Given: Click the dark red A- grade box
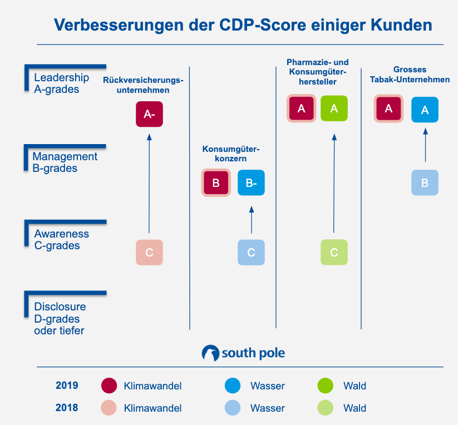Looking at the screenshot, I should coord(149,114).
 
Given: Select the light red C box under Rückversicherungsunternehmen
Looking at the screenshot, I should coord(149,252).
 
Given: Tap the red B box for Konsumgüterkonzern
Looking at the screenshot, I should coord(216,182).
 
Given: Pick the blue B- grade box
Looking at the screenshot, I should coord(251,182).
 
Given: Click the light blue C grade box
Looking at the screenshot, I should coord(251,252).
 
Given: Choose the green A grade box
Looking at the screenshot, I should coord(334,108).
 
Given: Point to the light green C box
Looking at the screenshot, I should coord(334,252).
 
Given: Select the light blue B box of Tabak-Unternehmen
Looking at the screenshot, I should coord(425,182).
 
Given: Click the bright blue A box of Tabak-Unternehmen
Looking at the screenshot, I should coord(425,110).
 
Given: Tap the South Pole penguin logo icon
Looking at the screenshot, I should coord(210,353).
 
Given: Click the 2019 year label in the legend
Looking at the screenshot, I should coord(67,386).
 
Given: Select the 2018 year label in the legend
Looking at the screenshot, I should coord(67,408).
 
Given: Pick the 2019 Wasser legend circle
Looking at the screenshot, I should coord(233,386).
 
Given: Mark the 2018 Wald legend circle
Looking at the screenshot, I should coord(324,408).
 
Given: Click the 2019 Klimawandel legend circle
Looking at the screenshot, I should coord(109,386).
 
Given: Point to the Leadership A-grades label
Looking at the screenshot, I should coord(61,83).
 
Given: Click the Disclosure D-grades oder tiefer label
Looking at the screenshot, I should coord(60,319).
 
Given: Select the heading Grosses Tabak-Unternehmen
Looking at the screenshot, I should coord(410,75).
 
